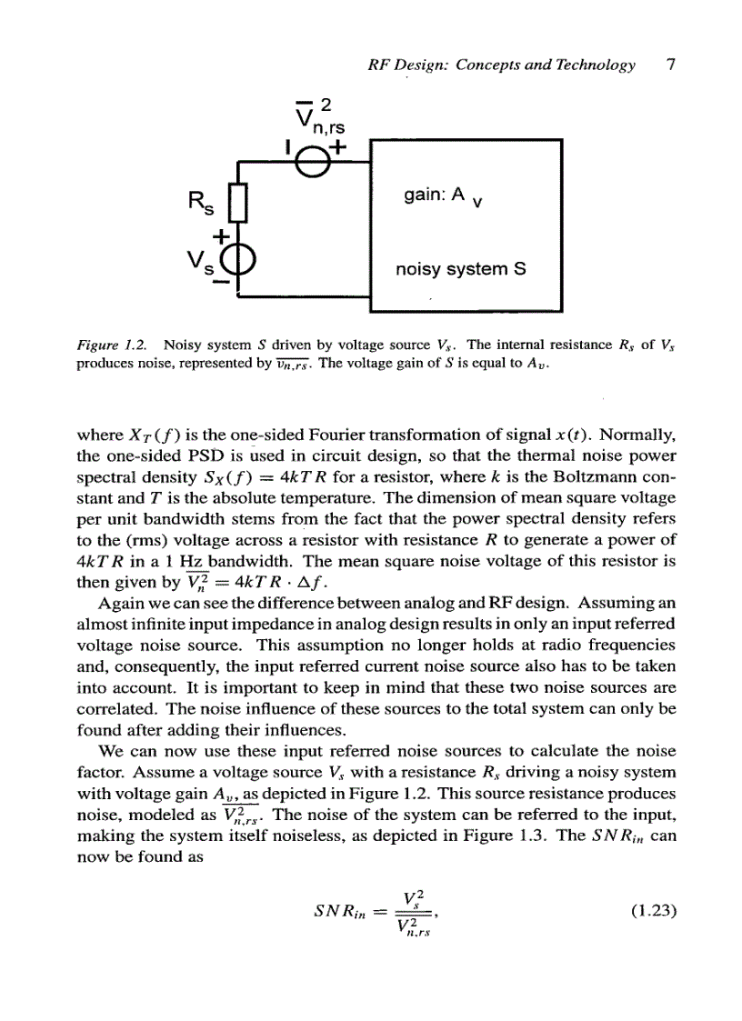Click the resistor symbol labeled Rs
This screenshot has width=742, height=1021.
237,203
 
